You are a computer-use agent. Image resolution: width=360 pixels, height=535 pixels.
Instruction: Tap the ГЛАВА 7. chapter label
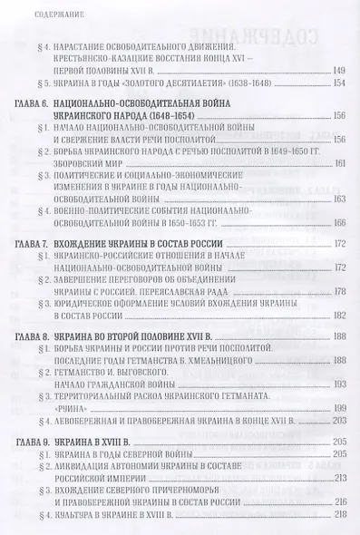click(x=36, y=247)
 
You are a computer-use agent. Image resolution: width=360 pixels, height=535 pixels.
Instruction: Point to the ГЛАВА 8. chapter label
click(x=36, y=336)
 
